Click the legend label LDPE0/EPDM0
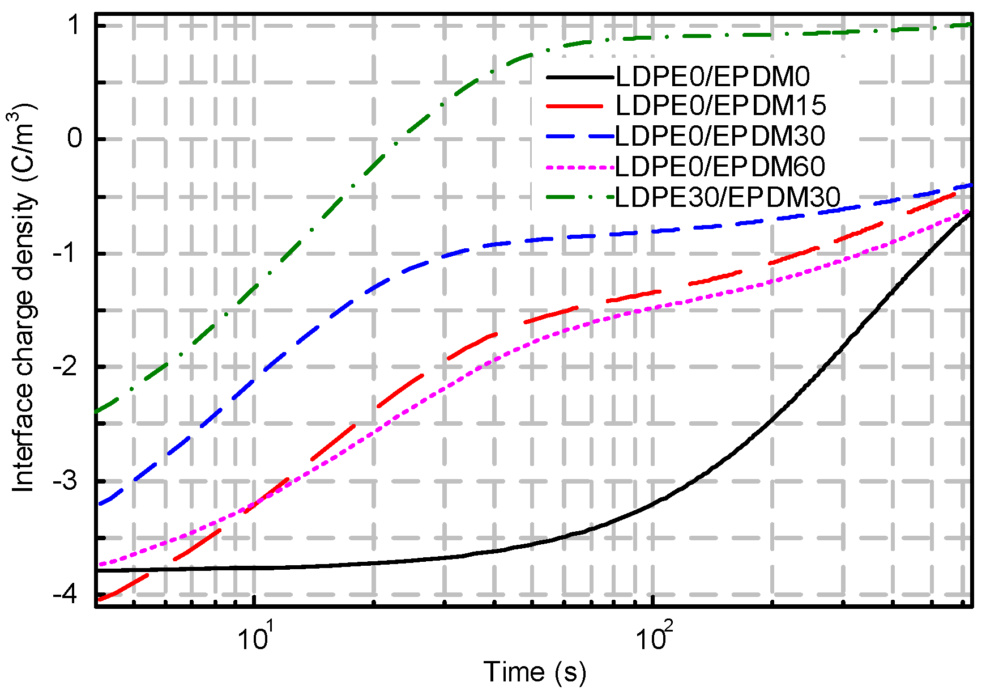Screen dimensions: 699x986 [712, 77]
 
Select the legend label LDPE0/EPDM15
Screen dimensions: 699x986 [720, 105]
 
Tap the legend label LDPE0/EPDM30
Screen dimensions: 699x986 [720, 135]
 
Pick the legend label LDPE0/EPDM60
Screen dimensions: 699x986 [720, 166]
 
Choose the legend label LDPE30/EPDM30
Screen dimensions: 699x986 [727, 197]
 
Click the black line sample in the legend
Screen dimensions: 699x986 [580, 77]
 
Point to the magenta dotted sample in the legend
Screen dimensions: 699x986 [580, 167]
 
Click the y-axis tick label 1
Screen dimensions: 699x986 [75, 26]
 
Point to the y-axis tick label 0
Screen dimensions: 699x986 [75, 139]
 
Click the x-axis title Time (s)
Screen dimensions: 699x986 [534, 672]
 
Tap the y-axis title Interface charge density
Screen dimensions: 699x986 [24, 298]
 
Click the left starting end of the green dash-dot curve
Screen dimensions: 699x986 [98, 410]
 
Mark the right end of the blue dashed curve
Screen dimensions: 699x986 [970, 185]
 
